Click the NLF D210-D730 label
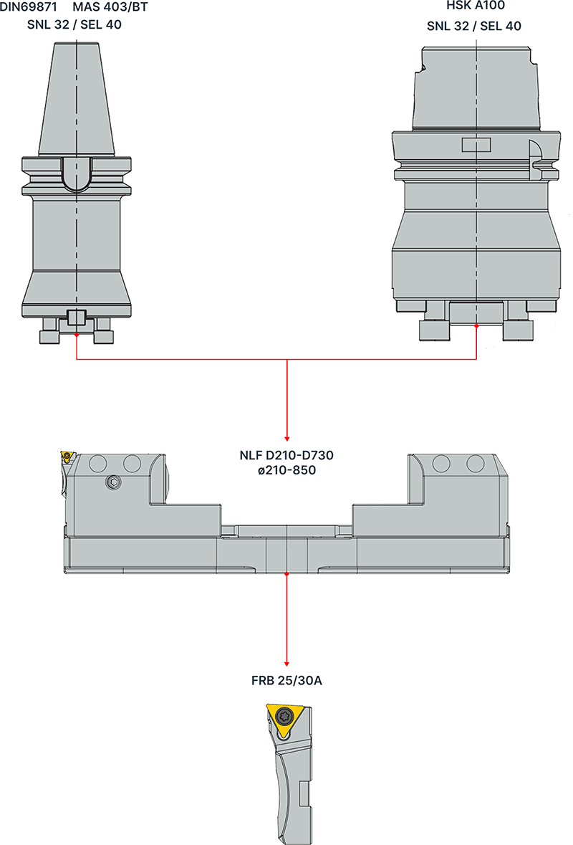click(x=286, y=455)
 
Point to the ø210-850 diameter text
click(x=286, y=470)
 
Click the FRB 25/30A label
click(x=286, y=679)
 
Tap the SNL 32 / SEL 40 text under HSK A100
click(x=473, y=27)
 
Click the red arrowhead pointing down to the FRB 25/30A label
click(x=286, y=662)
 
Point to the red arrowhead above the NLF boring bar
click(x=286, y=437)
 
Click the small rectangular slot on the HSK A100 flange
click(x=475, y=145)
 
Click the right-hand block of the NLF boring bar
click(x=430, y=495)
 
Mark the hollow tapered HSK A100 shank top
click(x=477, y=86)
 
